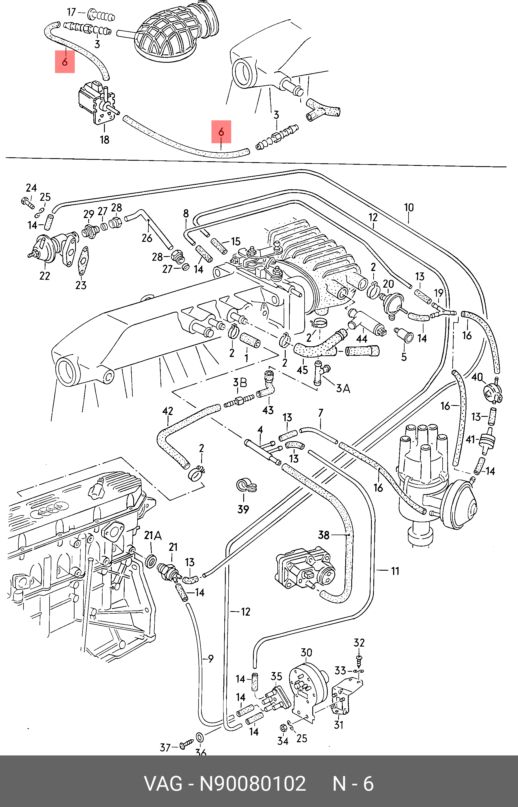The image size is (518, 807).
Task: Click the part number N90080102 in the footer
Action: (x=253, y=784)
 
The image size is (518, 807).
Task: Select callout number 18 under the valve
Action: (x=105, y=140)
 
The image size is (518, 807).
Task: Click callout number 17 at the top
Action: (x=72, y=12)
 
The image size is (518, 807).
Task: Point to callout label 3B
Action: (x=240, y=383)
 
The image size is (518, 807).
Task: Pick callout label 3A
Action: (x=343, y=388)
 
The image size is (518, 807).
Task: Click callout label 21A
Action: (x=153, y=536)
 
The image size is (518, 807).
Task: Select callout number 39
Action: (x=243, y=509)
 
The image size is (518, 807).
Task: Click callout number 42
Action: (x=168, y=411)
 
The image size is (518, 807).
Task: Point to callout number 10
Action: (x=409, y=207)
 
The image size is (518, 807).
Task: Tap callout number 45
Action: (x=302, y=370)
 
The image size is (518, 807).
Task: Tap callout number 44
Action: (x=362, y=338)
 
